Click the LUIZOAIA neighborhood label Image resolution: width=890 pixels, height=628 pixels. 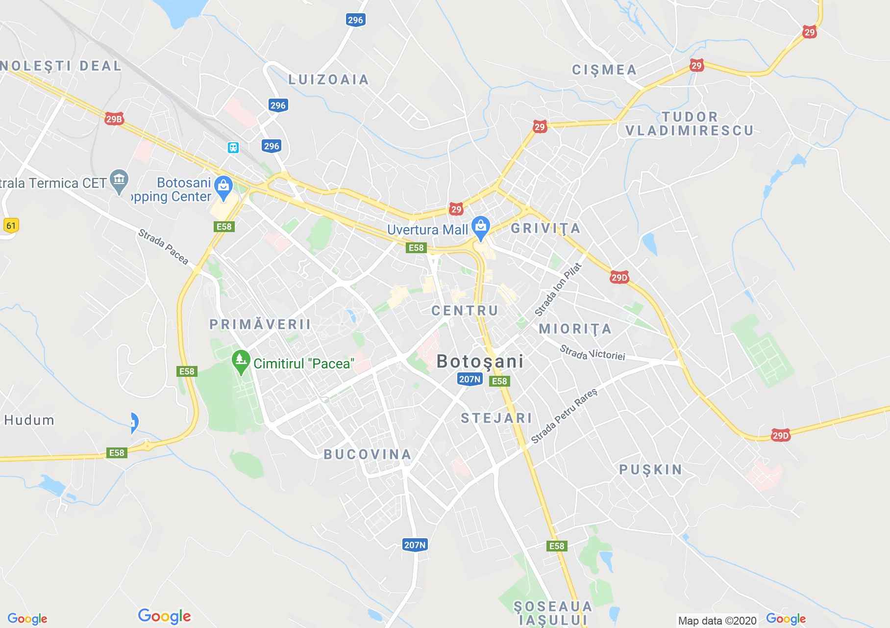pos(328,79)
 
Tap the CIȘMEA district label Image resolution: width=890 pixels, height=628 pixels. pos(604,70)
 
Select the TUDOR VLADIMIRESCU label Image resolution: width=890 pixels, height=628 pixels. pos(690,124)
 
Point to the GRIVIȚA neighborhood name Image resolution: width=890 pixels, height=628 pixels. pos(545,228)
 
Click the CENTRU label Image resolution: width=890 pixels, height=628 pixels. pos(465,311)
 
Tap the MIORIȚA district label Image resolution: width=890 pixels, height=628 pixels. pos(575,329)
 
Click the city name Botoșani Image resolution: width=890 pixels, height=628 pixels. pos(480,362)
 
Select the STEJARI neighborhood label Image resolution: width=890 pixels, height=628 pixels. pos(496,418)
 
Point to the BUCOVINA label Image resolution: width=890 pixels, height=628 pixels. pos(368,454)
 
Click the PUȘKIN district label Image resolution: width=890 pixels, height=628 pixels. pos(651,470)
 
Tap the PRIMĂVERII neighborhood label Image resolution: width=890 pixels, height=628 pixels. pos(260,324)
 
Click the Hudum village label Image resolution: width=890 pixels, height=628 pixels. pos(29,420)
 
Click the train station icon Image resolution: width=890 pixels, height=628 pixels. pos(233,147)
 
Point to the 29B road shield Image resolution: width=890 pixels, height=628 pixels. pos(114,119)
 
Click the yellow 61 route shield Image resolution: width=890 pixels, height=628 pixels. pos(10,226)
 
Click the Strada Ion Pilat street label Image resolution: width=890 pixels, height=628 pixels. pos(558,289)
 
